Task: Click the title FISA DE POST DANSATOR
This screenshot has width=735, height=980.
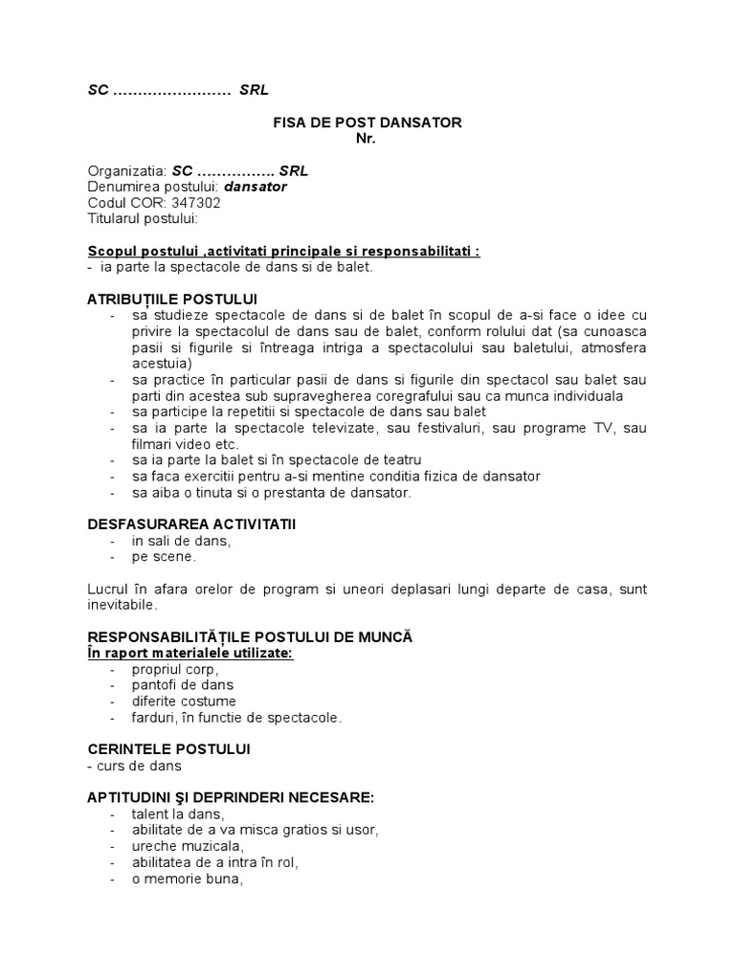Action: click(x=367, y=122)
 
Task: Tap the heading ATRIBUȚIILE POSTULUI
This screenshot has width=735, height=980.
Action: click(x=172, y=300)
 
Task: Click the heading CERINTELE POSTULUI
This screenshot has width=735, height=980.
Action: click(x=168, y=748)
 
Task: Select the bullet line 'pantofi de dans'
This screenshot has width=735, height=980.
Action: click(x=183, y=685)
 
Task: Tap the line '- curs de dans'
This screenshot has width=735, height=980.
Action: click(x=134, y=766)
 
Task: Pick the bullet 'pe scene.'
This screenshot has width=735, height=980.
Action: click(x=164, y=556)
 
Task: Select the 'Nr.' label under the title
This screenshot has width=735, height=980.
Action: click(x=367, y=139)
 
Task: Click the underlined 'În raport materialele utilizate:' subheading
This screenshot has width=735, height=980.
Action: click(x=190, y=652)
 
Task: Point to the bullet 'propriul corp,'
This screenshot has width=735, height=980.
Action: click(x=176, y=669)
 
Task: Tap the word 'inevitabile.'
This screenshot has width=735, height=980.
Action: click(x=123, y=605)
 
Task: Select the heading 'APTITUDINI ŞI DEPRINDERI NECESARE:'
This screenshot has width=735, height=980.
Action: click(x=231, y=797)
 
